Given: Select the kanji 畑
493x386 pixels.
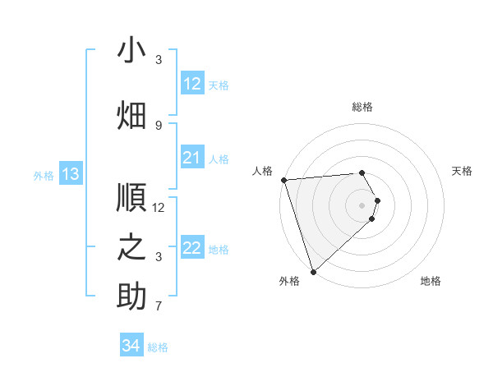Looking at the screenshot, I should [131, 114].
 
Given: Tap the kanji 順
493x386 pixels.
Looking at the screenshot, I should [131, 197].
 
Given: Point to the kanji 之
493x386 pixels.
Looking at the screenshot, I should [131, 246].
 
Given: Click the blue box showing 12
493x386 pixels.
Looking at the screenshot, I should [192, 84].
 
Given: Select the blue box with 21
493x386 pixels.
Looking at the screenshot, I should [192, 159].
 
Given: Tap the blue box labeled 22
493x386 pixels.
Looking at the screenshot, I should [192, 249].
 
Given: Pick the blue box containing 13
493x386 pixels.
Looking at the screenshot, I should [71, 174].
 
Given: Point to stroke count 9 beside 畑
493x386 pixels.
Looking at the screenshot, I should [159, 126].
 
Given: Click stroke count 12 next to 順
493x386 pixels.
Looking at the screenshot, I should [159, 208].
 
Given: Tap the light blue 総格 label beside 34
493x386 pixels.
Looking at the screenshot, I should [158, 347].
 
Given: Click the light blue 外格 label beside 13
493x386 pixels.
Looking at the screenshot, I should [43, 175].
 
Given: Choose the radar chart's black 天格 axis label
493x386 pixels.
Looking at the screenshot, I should [462, 171].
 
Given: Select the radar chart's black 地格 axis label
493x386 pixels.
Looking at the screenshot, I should [431, 281].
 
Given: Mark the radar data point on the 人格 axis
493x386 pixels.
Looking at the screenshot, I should [283, 180].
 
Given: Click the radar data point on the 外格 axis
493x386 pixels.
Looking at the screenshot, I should [313, 271].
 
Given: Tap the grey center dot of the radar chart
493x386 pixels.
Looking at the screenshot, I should [362, 205].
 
